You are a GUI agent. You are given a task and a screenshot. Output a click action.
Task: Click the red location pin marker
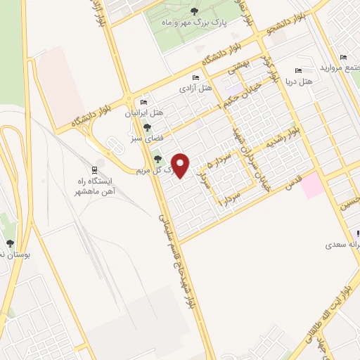[x=181, y=165]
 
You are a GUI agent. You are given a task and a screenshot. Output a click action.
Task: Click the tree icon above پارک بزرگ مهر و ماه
[x=194, y=11]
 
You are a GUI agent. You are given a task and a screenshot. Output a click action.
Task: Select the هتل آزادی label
[x=195, y=88]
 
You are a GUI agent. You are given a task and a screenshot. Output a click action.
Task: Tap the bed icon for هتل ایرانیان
[x=144, y=103]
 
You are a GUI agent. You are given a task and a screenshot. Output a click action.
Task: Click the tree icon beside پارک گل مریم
[x=157, y=159]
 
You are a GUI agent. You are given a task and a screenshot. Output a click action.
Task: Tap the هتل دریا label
[x=300, y=82]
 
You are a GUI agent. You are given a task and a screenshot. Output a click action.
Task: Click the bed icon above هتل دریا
[x=298, y=70]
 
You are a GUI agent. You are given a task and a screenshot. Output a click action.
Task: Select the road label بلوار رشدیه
[x=288, y=137]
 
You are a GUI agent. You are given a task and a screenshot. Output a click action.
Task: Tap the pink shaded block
[x=314, y=185]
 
